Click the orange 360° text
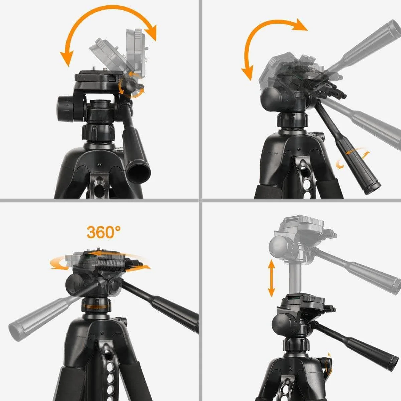click(x=103, y=232)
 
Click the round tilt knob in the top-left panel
click(x=66, y=109)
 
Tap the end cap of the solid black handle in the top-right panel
click(x=373, y=188)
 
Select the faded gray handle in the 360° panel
click(x=40, y=316)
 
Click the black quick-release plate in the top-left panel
click(x=97, y=78)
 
